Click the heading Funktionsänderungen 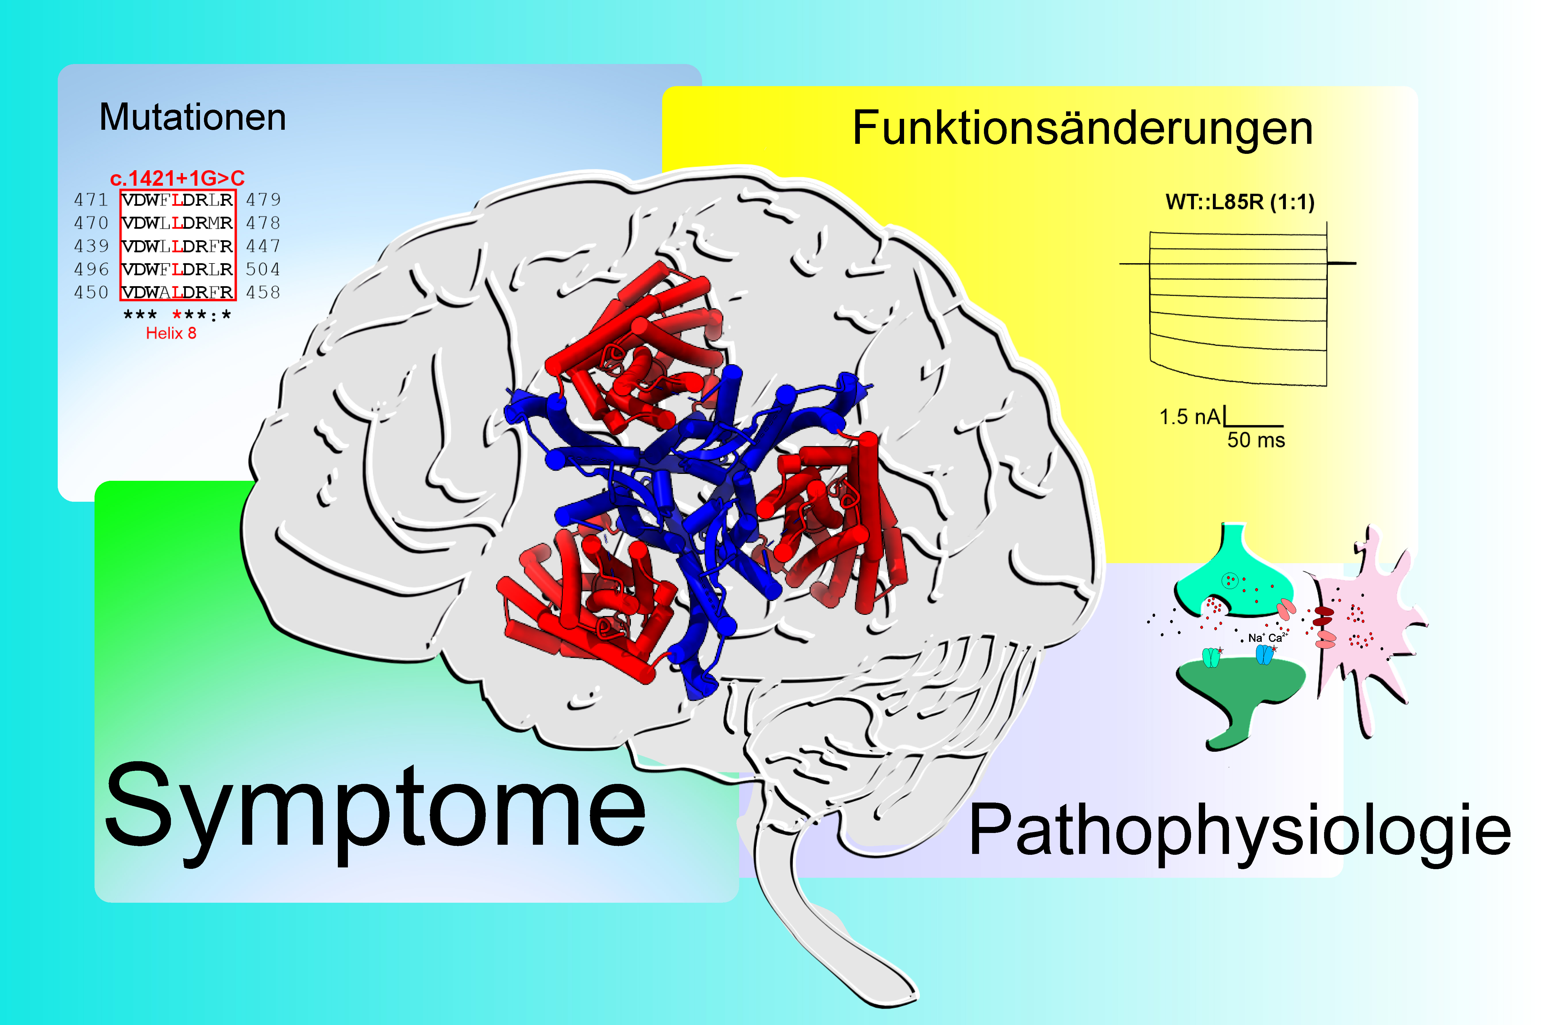click(x=1082, y=128)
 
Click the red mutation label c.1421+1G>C click(x=177, y=178)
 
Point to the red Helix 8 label click(x=171, y=333)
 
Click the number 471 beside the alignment click(x=91, y=199)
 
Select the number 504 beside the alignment click(x=263, y=269)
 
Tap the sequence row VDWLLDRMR click(x=177, y=223)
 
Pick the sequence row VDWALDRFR click(x=177, y=292)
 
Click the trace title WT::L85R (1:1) click(x=1240, y=202)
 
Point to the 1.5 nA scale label click(x=1190, y=417)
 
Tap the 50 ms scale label click(x=1256, y=440)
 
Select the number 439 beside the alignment click(x=91, y=246)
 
